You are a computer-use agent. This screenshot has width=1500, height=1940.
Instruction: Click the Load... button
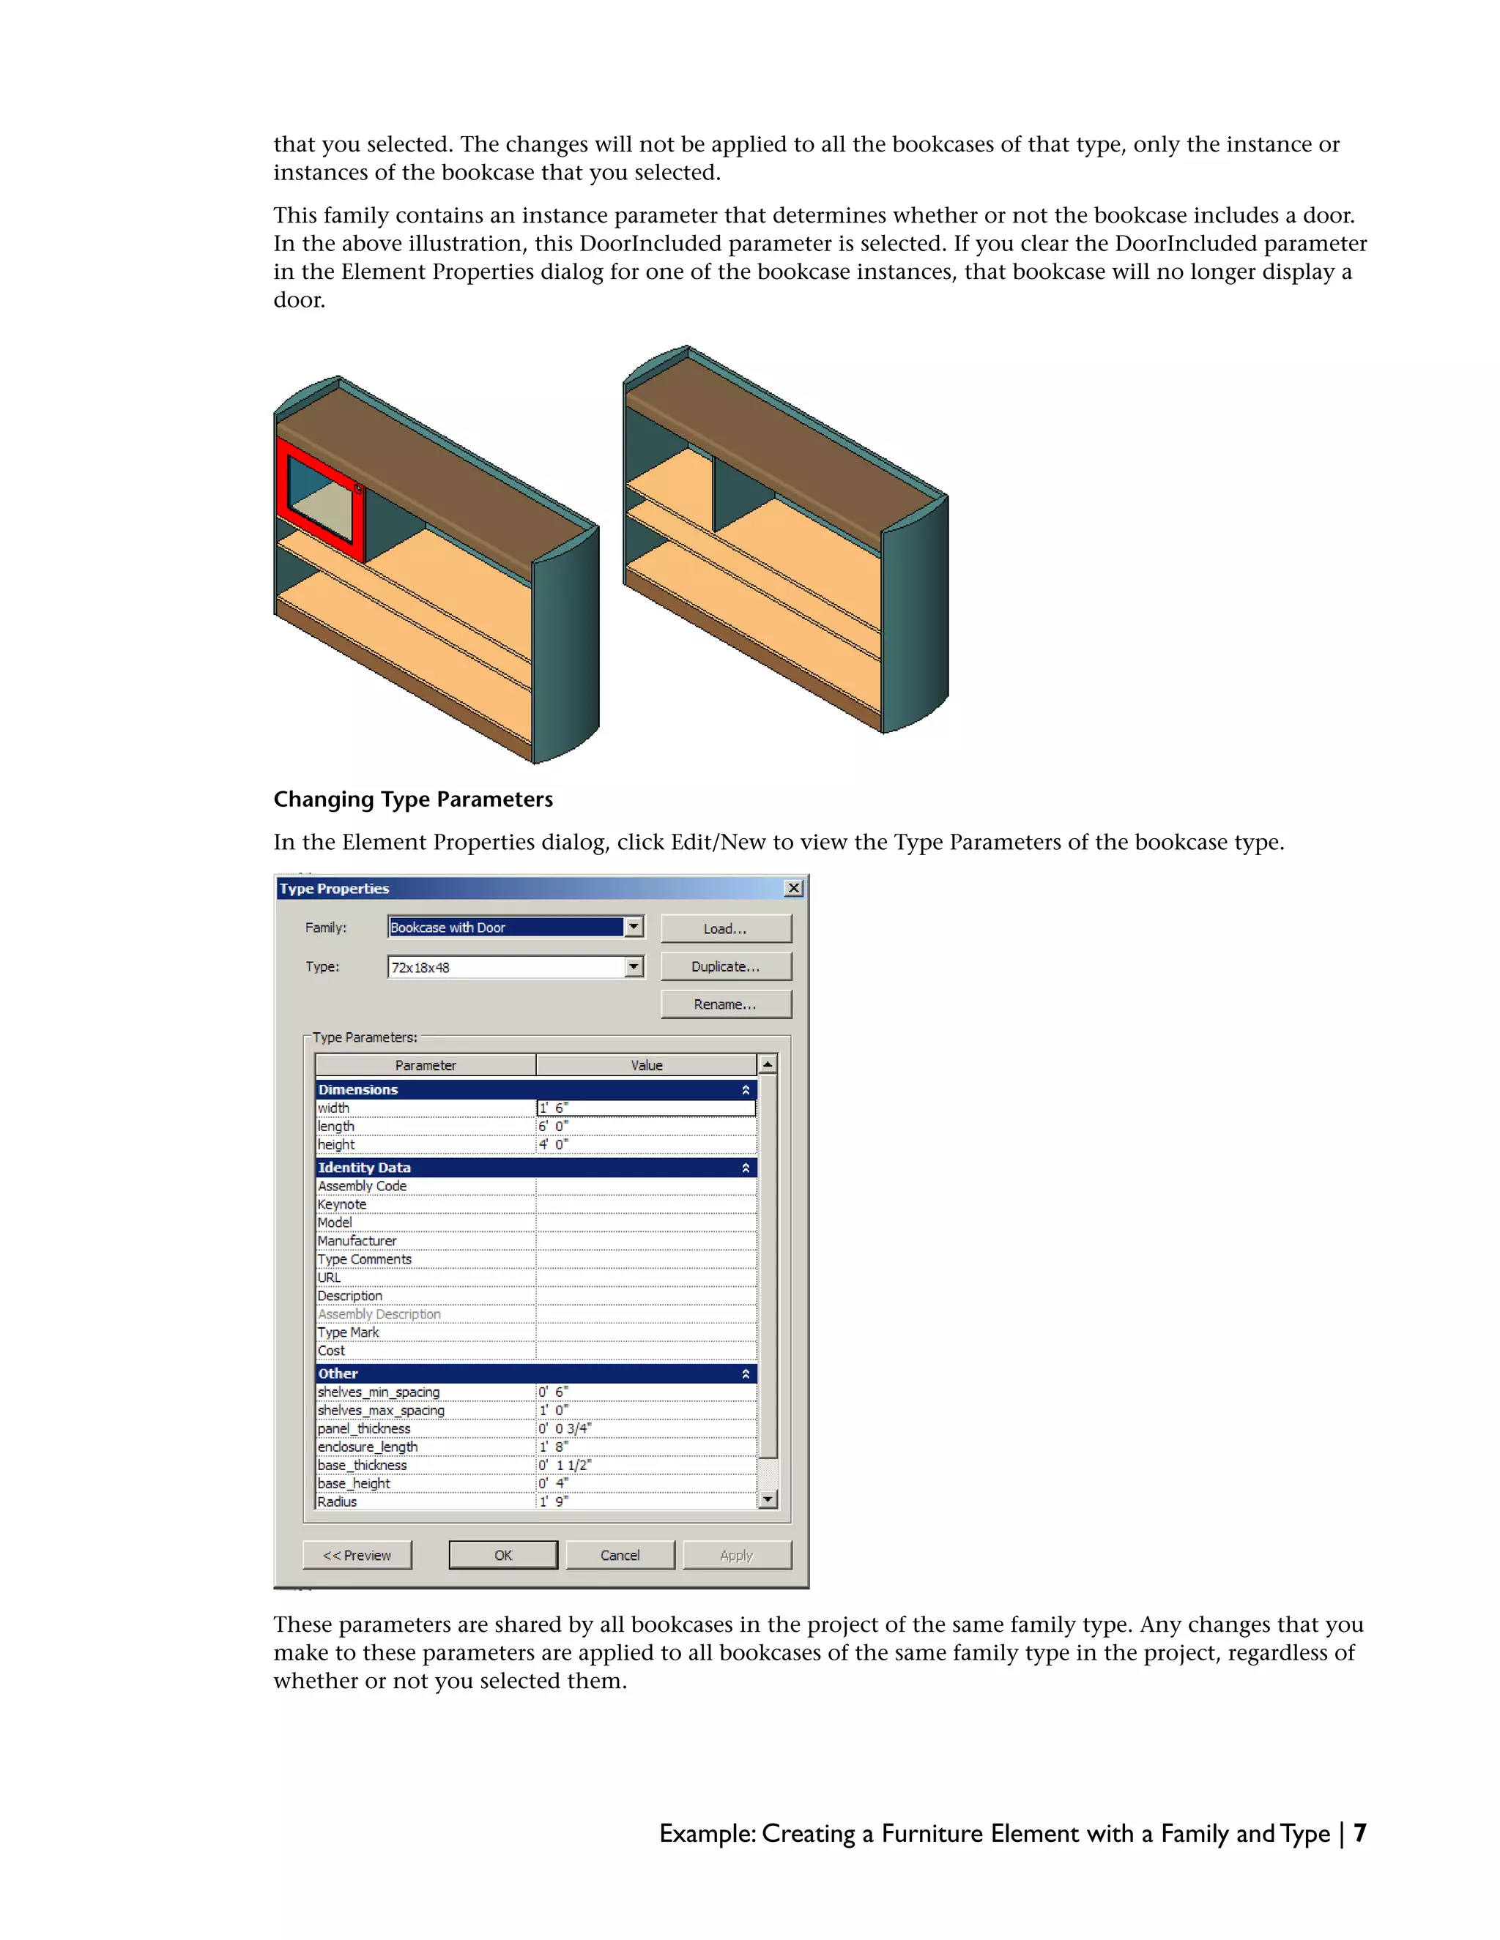pyautogui.click(x=725, y=928)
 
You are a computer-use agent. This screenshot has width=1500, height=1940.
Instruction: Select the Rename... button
pyautogui.click(x=725, y=1004)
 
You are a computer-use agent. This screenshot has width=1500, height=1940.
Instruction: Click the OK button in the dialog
pyautogui.click(x=503, y=1554)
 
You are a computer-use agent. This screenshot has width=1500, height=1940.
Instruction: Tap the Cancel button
pyautogui.click(x=620, y=1554)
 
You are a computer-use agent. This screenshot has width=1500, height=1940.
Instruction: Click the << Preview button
pyautogui.click(x=357, y=1554)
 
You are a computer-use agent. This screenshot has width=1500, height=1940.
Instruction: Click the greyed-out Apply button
pyautogui.click(x=736, y=1554)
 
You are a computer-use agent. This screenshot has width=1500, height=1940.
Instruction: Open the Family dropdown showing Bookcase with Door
pyautogui.click(x=633, y=928)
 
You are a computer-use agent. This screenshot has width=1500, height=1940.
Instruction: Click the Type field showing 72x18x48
pyautogui.click(x=507, y=967)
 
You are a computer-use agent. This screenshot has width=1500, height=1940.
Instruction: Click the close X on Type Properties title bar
pyautogui.click(x=793, y=888)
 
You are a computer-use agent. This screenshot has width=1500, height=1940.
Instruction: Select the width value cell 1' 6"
pyautogui.click(x=645, y=1108)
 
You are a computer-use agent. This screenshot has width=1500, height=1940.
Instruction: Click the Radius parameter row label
pyautogui.click(x=338, y=1501)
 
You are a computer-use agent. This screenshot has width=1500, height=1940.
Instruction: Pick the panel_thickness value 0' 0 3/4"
pyautogui.click(x=645, y=1428)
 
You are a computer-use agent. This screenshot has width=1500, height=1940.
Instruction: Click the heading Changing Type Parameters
pyautogui.click(x=413, y=799)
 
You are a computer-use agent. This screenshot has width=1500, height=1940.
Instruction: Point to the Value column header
pyautogui.click(x=646, y=1065)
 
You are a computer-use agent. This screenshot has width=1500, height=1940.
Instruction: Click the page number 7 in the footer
pyautogui.click(x=1359, y=1833)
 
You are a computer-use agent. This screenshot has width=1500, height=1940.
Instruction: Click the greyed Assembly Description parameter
pyautogui.click(x=379, y=1314)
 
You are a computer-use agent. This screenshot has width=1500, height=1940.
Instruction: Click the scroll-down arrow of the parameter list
pyautogui.click(x=768, y=1499)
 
